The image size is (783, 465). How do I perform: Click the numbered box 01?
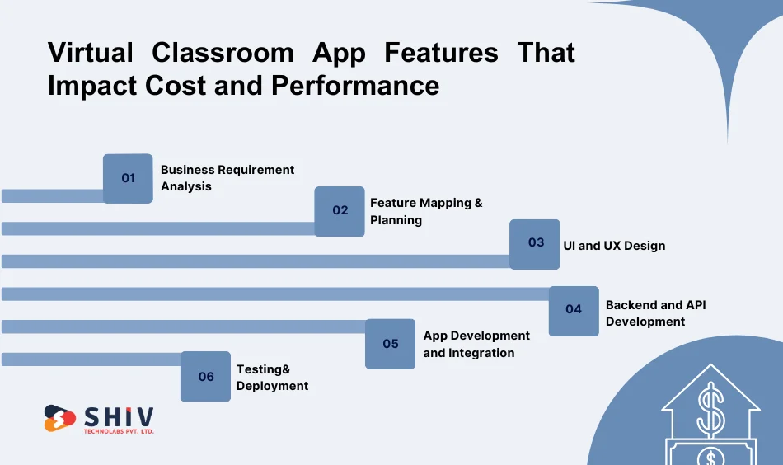coord(128,178)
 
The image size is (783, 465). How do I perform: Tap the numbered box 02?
coord(340,211)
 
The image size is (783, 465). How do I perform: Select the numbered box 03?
coord(535,243)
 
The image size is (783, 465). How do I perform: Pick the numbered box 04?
coord(574,310)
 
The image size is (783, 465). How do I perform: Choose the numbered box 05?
coord(390,344)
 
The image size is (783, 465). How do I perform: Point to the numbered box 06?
coord(205,377)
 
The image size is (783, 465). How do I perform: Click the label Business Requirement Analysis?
coord(227,178)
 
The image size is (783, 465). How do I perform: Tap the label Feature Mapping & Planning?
coord(426,211)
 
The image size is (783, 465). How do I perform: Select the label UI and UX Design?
coord(614,246)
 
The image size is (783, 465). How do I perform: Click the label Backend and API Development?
coord(655,313)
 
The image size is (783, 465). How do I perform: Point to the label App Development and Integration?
coord(476,344)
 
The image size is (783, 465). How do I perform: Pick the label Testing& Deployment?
coord(272,377)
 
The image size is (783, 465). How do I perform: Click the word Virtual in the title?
coord(90,54)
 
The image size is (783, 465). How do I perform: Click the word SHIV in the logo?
coord(120,416)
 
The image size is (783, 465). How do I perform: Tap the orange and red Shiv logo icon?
coord(59,418)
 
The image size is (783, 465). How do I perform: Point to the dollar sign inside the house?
coord(710,410)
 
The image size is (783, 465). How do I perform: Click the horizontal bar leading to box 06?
coord(91,359)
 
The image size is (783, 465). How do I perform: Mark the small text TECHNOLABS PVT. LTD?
coord(120,431)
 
